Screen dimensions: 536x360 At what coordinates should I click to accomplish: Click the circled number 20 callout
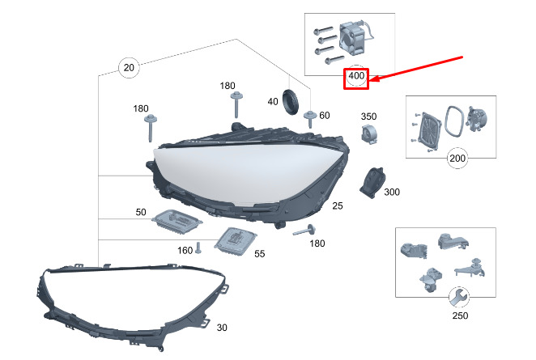pyautogui.click(x=129, y=68)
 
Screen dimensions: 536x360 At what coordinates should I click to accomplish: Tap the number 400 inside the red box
pyautogui.click(x=356, y=75)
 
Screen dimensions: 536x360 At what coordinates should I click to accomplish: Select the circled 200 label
pyautogui.click(x=457, y=158)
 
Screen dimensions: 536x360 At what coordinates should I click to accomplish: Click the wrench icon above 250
pyautogui.click(x=459, y=297)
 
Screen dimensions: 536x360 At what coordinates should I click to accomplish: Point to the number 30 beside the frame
pyautogui.click(x=222, y=328)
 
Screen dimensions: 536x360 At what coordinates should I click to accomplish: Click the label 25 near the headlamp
pyautogui.click(x=338, y=205)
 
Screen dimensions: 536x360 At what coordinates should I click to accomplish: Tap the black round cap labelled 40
pyautogui.click(x=290, y=101)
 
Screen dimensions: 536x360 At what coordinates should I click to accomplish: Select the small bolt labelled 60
pyautogui.click(x=310, y=119)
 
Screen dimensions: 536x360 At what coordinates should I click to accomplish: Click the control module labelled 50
pyautogui.click(x=177, y=222)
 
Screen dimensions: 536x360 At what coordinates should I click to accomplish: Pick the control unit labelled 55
pyautogui.click(x=235, y=241)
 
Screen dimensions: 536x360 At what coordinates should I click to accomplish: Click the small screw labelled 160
pyautogui.click(x=198, y=248)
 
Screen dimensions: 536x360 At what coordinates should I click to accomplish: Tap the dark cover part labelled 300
pyautogui.click(x=372, y=182)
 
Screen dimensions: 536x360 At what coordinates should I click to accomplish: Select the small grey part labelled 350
pyautogui.click(x=369, y=134)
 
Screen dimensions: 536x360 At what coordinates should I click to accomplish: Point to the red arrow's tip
pyautogui.click(x=370, y=81)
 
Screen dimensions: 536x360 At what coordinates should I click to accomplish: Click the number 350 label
pyautogui.click(x=368, y=116)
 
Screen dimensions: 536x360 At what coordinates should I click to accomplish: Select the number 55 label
pyautogui.click(x=259, y=254)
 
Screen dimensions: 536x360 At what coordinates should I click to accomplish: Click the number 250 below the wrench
pyautogui.click(x=460, y=316)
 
